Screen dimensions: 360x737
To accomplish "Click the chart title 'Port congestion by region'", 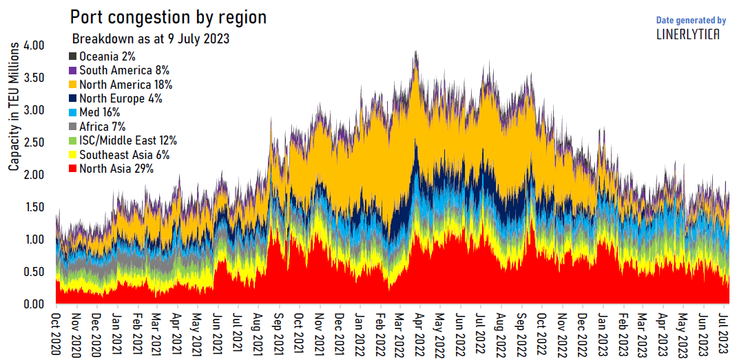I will (169, 17).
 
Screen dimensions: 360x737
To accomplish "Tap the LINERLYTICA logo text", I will (687, 34).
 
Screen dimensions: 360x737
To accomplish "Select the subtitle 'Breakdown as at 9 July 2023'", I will (151, 39).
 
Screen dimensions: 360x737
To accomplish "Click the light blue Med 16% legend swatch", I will (72, 112).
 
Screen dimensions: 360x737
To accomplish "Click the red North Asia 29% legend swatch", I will (72, 169).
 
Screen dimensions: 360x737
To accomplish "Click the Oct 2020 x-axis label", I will (57, 335).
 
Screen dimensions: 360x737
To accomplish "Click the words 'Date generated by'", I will (691, 20).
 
